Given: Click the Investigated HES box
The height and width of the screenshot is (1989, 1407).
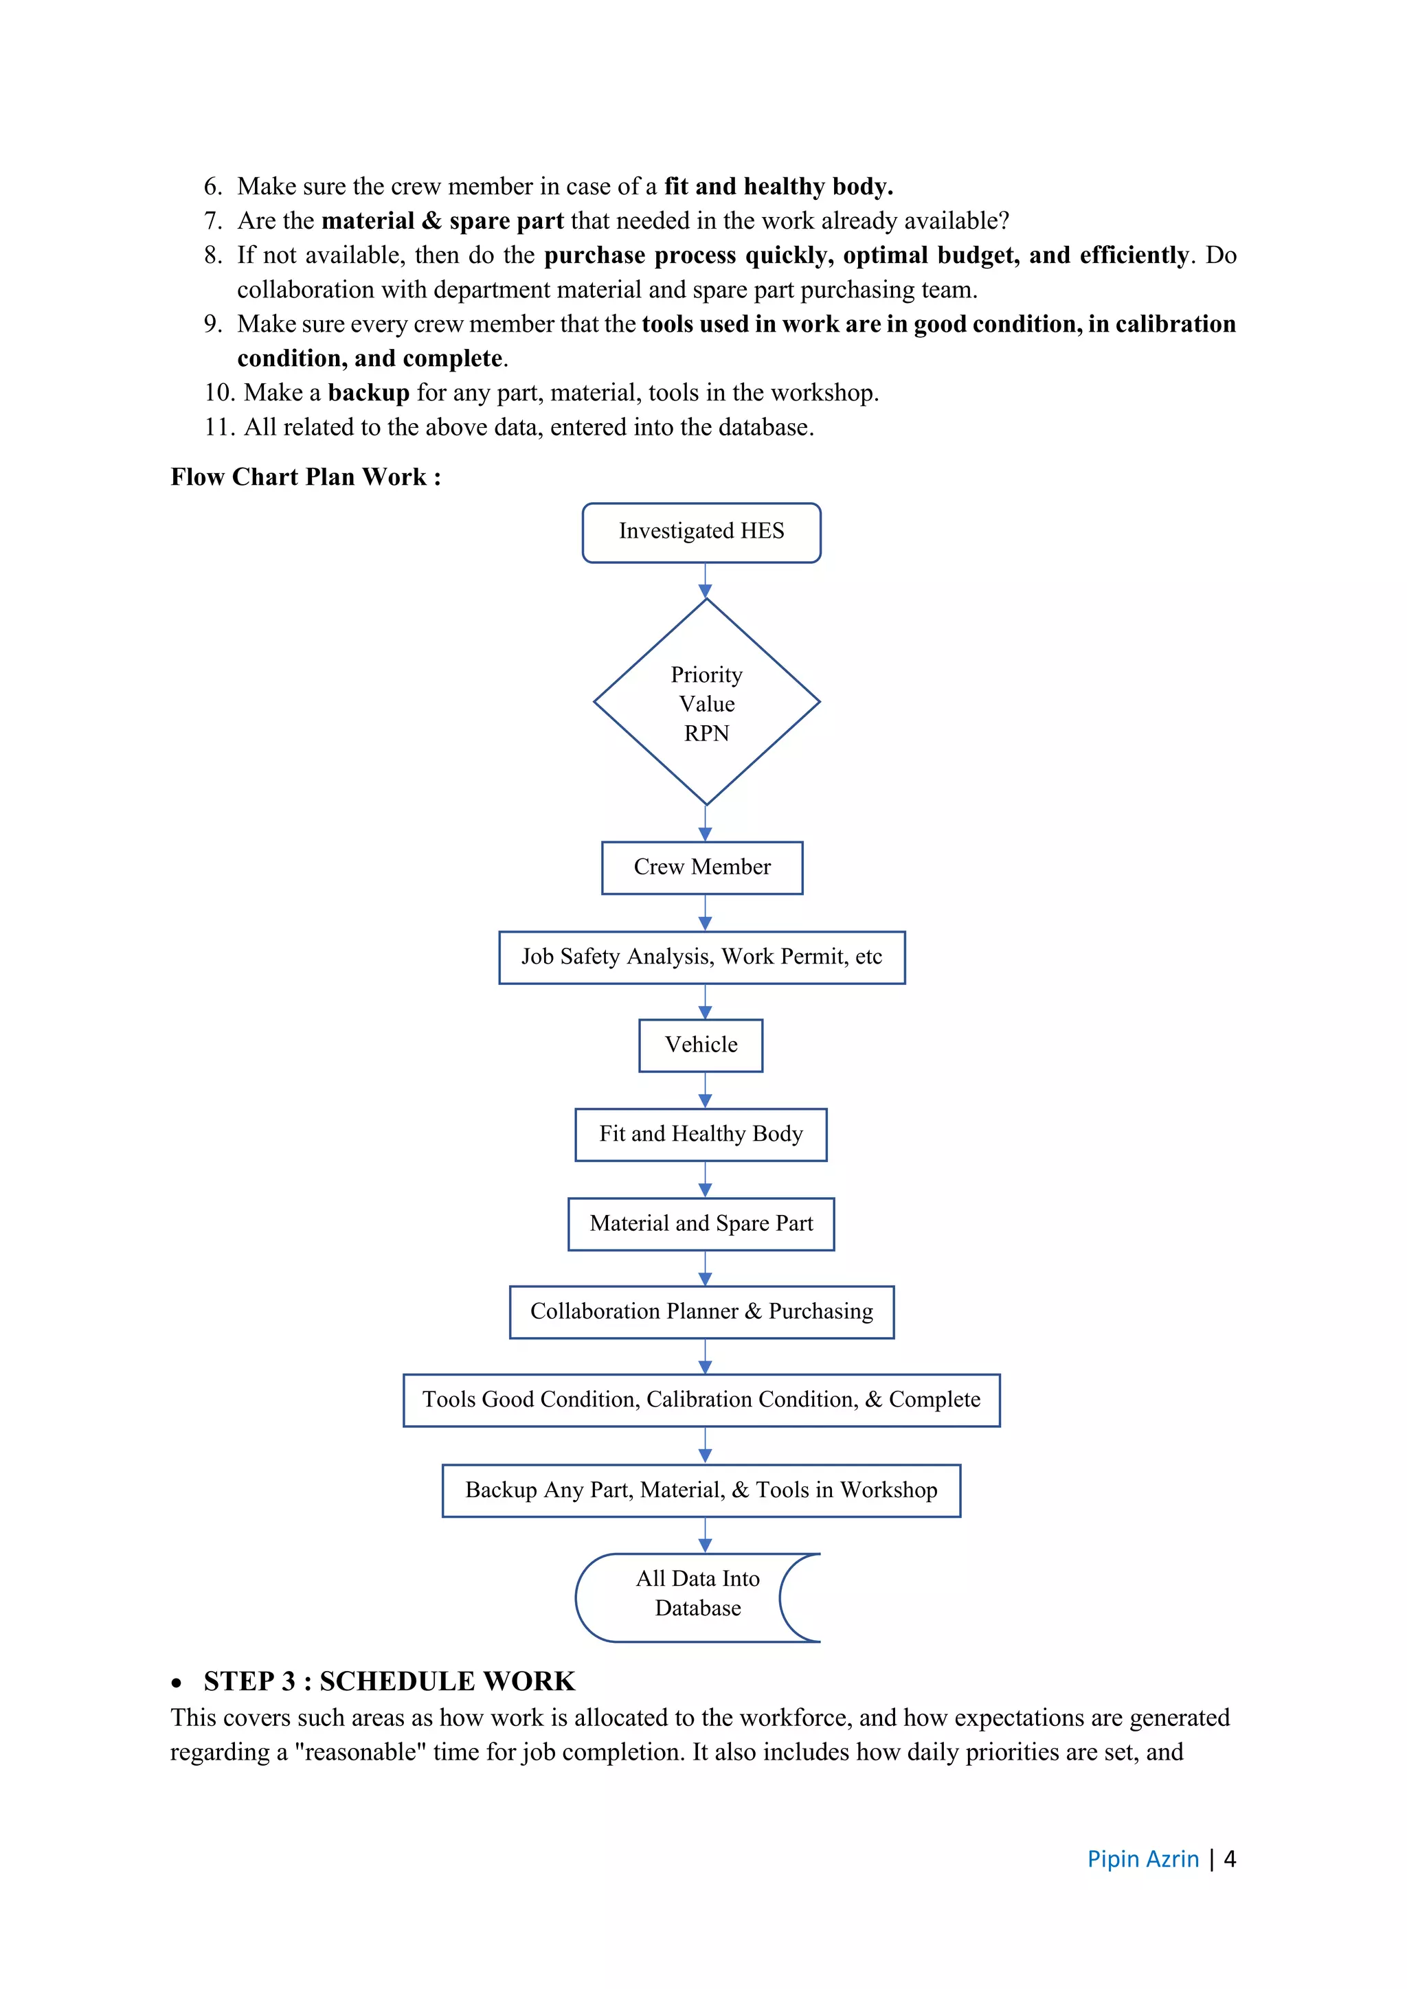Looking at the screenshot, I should (701, 532).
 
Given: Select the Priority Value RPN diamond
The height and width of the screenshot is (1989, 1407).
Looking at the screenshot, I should (706, 703).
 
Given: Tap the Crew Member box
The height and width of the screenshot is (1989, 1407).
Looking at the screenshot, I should (701, 867).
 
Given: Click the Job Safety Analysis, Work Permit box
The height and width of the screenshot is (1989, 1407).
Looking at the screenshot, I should (701, 957).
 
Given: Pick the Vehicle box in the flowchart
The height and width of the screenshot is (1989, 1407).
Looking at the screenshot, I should (701, 1045).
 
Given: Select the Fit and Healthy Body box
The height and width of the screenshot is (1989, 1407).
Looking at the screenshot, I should (701, 1134).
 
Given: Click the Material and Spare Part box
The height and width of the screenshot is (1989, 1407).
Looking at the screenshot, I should (701, 1223).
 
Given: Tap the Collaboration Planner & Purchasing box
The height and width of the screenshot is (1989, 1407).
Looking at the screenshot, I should (701, 1312).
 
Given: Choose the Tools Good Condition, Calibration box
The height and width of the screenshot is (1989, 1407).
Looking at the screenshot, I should (701, 1400).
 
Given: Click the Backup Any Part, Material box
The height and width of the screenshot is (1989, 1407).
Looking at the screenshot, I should (701, 1490).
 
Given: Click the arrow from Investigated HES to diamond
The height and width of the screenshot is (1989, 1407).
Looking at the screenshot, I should (706, 580).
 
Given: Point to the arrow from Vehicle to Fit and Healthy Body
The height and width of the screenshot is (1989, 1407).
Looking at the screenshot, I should (706, 1090).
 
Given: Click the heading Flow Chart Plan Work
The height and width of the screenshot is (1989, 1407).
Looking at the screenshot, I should (305, 477).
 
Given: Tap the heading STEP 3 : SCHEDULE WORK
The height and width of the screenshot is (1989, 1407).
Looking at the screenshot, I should (389, 1681).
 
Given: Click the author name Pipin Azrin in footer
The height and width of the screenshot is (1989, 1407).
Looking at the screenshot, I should (1142, 1859).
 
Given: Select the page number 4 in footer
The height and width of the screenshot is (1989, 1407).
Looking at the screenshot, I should (1228, 1859).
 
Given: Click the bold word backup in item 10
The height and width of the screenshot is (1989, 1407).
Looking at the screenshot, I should (368, 394).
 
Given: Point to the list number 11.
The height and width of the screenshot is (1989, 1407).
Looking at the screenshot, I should (218, 427).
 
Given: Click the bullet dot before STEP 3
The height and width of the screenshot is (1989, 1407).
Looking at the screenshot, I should (177, 1683).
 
